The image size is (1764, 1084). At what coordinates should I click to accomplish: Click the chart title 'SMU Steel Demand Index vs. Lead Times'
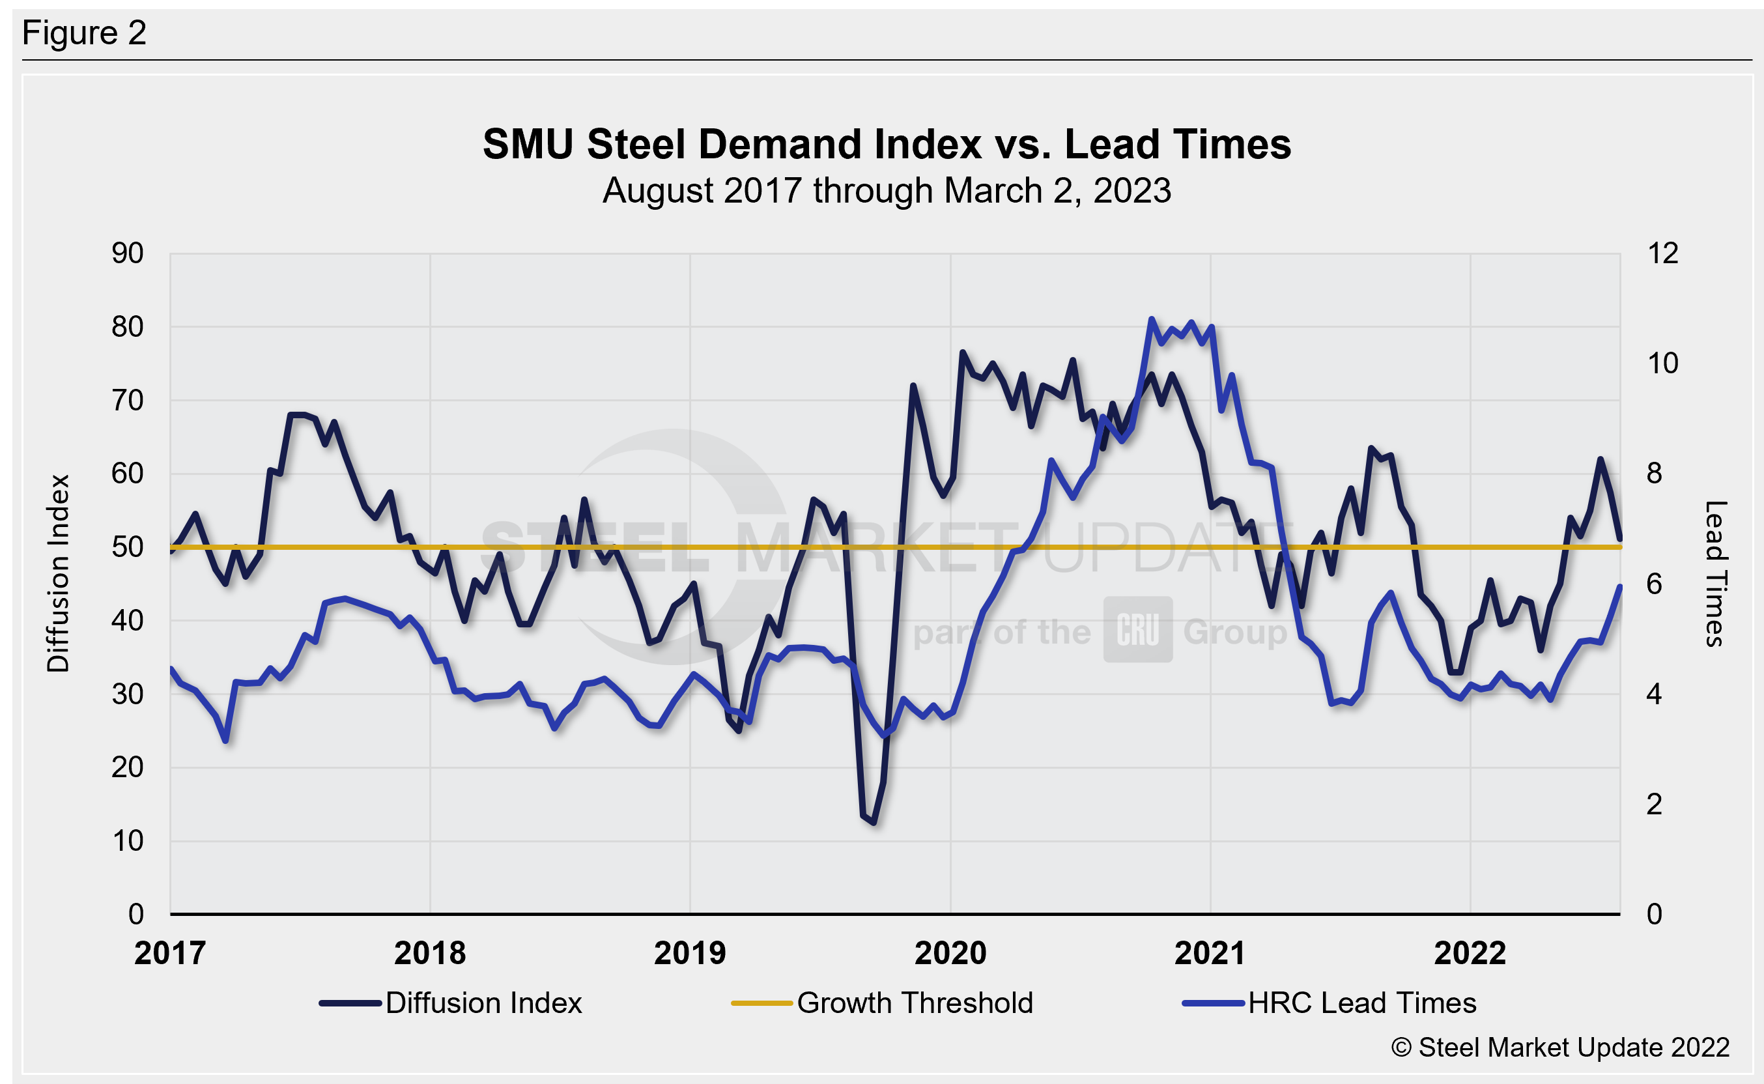[887, 144]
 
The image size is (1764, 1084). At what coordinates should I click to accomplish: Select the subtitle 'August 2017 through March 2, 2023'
[887, 191]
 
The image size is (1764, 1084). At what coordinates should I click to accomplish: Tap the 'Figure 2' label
[84, 33]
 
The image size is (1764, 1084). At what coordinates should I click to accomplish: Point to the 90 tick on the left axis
[128, 253]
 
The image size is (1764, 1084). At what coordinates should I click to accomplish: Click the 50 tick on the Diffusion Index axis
[128, 547]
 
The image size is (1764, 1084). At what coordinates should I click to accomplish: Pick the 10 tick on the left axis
[128, 841]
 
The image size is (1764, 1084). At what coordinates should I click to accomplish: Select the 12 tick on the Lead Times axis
[1662, 253]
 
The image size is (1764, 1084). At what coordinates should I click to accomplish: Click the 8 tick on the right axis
[1654, 473]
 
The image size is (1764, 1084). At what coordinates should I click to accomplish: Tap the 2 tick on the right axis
[1654, 805]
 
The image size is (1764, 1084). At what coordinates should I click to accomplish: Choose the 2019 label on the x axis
[690, 954]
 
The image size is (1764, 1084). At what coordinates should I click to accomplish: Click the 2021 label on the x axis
[1210, 954]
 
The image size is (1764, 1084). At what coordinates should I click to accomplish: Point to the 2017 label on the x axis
[170, 954]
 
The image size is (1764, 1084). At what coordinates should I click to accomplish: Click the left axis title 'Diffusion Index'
[58, 573]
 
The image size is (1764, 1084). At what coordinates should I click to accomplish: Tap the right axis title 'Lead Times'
[1715, 573]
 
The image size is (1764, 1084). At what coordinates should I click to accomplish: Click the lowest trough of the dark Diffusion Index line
[874, 822]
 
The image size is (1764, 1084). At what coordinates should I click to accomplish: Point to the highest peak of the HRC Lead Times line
[1151, 319]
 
